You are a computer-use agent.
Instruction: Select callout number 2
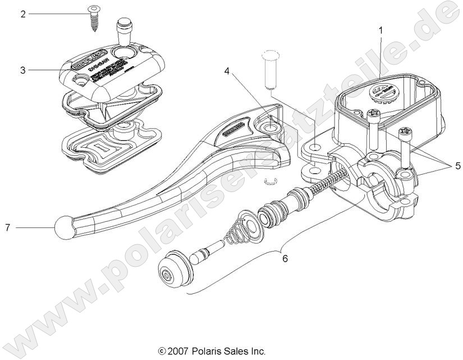pyautogui.click(x=23, y=14)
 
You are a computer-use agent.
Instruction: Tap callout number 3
pyautogui.click(x=23, y=71)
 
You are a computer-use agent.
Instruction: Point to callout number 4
pyautogui.click(x=227, y=71)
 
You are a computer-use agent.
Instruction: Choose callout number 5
pyautogui.click(x=458, y=167)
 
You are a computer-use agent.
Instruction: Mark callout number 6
pyautogui.click(x=285, y=259)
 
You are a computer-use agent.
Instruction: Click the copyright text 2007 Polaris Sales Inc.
pyautogui.click(x=212, y=352)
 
